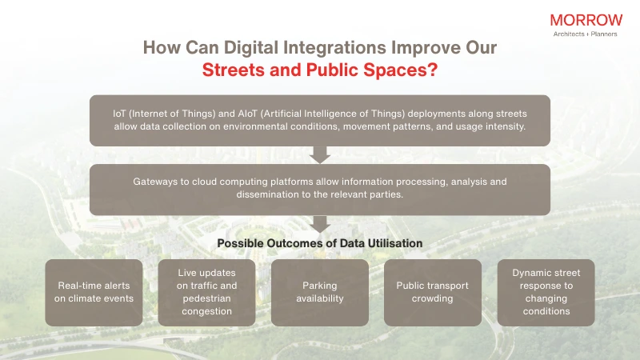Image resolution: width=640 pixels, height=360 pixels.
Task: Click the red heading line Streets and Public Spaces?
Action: point(319,70)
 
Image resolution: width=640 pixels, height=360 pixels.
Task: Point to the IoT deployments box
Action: point(319,120)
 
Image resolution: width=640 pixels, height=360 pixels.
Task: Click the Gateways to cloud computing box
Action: point(319,189)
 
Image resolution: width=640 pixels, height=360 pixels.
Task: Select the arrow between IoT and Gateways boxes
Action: point(320,154)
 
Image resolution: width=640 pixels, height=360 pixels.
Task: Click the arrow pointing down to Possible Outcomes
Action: point(320,223)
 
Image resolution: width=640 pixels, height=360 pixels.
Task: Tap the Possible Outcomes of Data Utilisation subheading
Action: point(320,243)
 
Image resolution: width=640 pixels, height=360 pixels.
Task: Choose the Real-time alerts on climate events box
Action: point(94,292)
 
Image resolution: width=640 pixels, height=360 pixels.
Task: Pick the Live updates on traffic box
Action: point(206,292)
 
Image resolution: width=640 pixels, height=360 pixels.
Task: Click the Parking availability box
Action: point(319,292)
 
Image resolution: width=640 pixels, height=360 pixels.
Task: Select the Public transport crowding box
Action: point(433,292)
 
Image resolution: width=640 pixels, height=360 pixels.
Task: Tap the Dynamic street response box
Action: point(546,292)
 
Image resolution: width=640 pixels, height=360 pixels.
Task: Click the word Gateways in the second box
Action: point(158,182)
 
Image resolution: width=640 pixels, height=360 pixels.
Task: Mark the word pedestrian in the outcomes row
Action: point(207,299)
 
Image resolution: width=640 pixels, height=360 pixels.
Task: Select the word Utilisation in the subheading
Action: point(394,243)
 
